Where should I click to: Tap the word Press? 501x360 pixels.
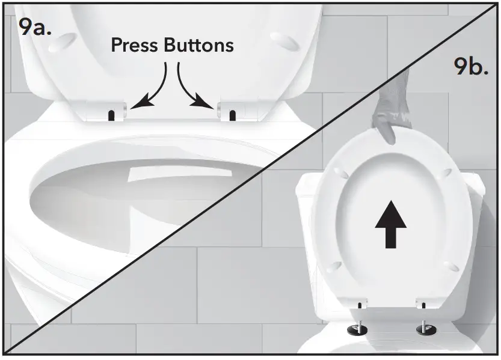tap(137, 46)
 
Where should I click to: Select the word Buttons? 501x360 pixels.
tap(199, 46)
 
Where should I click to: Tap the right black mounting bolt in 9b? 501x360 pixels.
tap(425, 329)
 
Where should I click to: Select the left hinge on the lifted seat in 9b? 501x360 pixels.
tap(361, 305)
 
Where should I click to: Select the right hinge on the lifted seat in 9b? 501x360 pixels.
tap(422, 305)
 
